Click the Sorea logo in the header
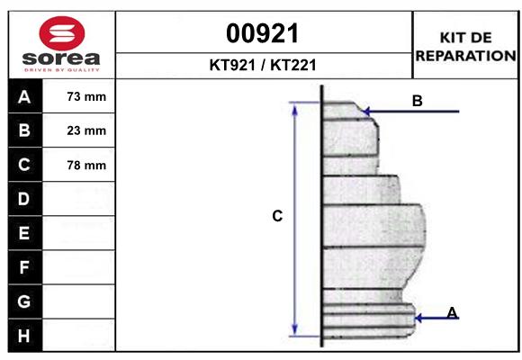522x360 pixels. [x=61, y=44]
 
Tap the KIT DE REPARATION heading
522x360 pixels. [x=464, y=46]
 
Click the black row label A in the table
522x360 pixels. [x=24, y=97]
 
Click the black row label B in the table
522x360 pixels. [x=24, y=130]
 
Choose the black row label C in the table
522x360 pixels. [x=24, y=165]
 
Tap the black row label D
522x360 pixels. [x=24, y=199]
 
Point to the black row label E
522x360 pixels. [x=24, y=233]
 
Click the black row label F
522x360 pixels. [x=24, y=267]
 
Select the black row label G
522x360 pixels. [x=24, y=301]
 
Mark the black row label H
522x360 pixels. [x=24, y=336]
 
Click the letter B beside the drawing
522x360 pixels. [x=417, y=101]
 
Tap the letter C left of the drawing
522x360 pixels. [x=277, y=216]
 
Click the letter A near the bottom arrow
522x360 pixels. [x=452, y=312]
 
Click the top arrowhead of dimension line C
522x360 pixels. [x=295, y=107]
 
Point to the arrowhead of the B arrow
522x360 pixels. [x=364, y=112]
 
